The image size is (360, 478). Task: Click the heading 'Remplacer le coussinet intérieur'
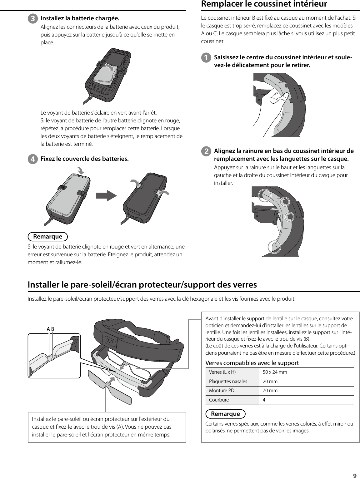tap(264, 4)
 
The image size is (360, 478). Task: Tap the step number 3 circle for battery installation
tap(32, 18)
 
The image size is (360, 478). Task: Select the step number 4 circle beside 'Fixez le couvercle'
tap(32, 159)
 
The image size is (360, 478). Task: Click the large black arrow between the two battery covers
tap(106, 195)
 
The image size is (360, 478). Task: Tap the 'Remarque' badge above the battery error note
tap(48, 237)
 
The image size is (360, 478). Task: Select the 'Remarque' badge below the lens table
tap(225, 414)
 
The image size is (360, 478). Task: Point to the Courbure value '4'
tap(264, 400)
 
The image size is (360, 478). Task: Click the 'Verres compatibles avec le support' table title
tap(252, 363)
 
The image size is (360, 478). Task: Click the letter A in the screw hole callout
tap(48, 329)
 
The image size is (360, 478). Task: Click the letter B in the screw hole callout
tap(53, 329)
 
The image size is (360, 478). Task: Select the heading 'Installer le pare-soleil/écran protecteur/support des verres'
tap(142, 285)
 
